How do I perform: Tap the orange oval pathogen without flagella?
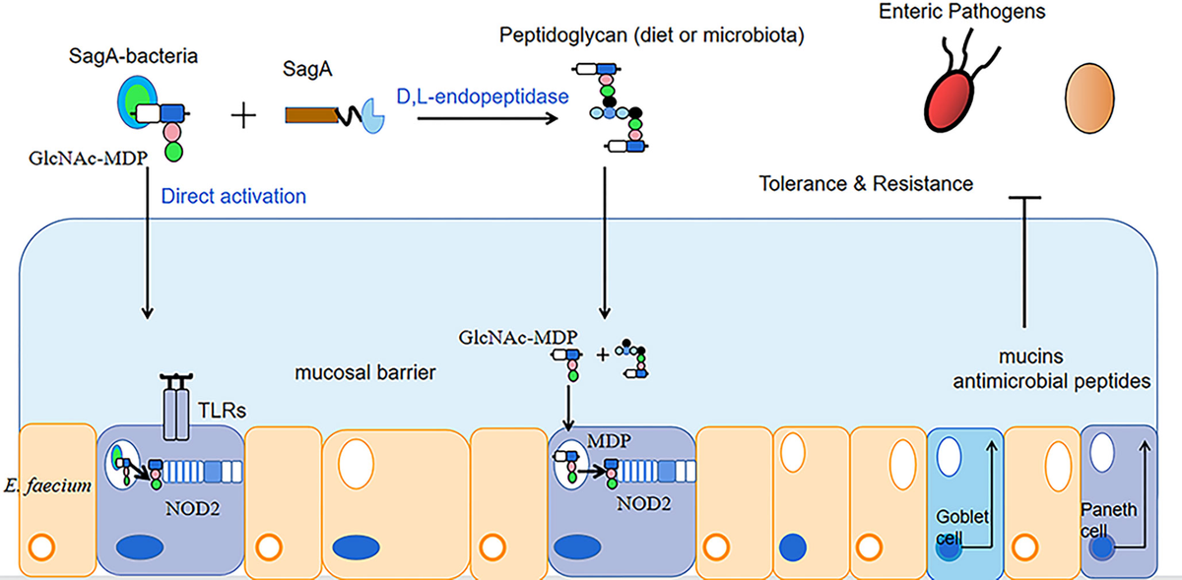(1089, 98)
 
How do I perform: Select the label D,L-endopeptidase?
(483, 97)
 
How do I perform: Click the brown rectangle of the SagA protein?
(311, 115)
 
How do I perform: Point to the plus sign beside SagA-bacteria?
(244, 115)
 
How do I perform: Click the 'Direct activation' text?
(233, 196)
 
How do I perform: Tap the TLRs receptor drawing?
(176, 407)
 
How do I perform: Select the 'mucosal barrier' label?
(364, 372)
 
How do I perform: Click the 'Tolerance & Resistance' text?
(866, 184)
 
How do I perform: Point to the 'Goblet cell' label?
(962, 527)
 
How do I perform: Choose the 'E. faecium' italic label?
(47, 485)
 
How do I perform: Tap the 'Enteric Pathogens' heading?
(962, 11)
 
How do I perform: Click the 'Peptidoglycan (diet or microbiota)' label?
(652, 35)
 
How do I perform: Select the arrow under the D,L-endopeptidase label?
(488, 118)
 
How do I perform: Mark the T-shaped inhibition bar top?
(1024, 198)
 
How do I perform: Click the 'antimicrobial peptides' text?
(1052, 381)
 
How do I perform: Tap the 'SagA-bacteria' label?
(133, 56)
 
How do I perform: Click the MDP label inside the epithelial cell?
(609, 441)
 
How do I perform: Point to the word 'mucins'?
(1030, 356)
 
